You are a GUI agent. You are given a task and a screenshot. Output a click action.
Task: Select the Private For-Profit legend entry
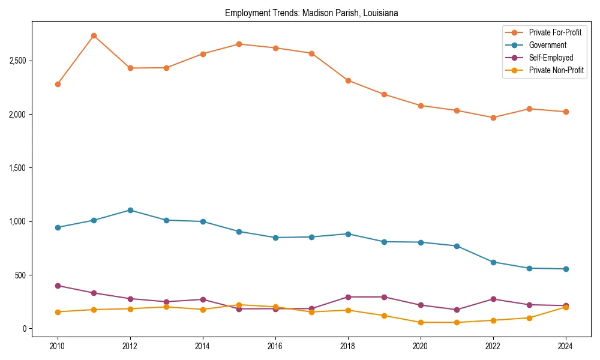(555, 32)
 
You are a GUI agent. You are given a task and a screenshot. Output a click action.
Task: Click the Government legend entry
(547, 45)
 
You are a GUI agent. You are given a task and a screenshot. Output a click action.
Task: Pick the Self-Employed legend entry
(551, 58)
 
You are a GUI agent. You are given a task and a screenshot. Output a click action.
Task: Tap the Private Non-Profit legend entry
(556, 70)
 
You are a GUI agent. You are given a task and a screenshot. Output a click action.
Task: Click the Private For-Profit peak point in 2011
(94, 36)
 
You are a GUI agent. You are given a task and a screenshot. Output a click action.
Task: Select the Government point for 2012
(130, 210)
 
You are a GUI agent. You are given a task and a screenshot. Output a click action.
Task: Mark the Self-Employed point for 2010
(58, 286)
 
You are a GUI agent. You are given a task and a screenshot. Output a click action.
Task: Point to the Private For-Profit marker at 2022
(493, 118)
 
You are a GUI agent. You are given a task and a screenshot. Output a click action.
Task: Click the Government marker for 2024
(566, 269)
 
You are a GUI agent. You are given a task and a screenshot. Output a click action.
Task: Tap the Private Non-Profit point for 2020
(421, 322)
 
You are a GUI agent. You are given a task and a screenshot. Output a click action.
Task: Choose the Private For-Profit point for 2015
(239, 44)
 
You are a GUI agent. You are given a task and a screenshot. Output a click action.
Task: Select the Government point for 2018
(348, 234)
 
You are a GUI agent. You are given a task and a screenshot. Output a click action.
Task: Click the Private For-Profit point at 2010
(58, 84)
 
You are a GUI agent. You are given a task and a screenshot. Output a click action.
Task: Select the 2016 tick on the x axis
(275, 346)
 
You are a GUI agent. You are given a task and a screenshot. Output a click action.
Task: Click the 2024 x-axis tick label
(566, 346)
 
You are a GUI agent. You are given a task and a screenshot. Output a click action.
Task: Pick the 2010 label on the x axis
(58, 346)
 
